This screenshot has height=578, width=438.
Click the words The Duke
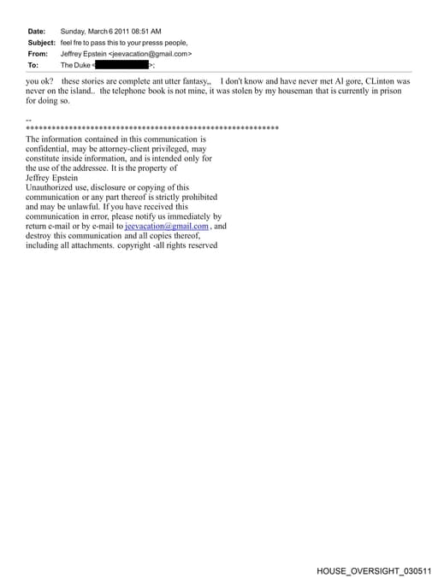pos(75,65)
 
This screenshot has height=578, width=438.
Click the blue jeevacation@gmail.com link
pos(167,227)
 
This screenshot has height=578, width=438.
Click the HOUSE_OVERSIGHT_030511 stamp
pos(374,569)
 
